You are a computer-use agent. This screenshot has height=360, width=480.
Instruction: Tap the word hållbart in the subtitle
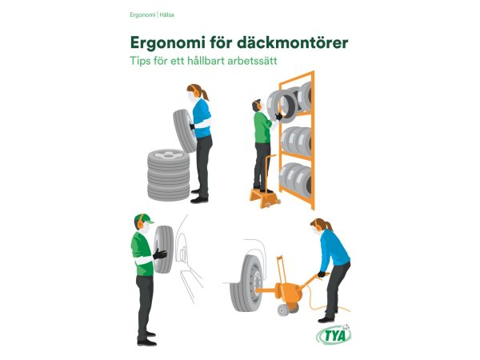coord(205,60)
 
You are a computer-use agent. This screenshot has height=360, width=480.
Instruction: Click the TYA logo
coord(334,335)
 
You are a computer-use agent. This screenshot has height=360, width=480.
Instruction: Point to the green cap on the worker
coord(143,218)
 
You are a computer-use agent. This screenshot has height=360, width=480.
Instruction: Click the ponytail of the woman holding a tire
coord(205,94)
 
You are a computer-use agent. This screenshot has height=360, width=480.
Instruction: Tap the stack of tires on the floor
coord(168,175)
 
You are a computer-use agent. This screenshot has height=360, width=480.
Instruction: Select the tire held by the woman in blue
coord(184,130)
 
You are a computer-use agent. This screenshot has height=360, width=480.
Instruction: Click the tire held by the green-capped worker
coord(163,249)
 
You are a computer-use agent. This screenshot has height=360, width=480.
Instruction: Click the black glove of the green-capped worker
coord(160,254)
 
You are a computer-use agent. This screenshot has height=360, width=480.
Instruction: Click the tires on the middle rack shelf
coord(296,141)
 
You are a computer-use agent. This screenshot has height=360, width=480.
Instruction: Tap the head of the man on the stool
coord(257,106)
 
